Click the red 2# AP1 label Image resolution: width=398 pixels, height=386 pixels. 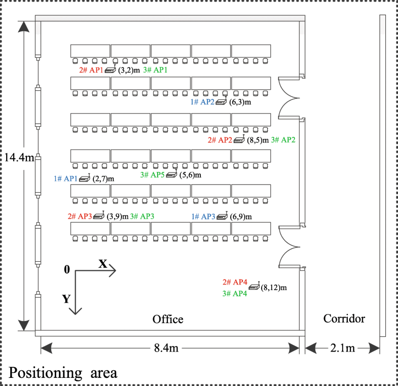tap(91, 71)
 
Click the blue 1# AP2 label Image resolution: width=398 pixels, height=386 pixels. tap(202, 101)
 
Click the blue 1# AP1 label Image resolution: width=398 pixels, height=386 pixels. tap(66, 179)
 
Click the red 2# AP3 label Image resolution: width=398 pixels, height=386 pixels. tap(80, 216)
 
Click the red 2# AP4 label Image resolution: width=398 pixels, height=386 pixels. tap(235, 283)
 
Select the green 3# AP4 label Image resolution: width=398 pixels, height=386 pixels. tap(235, 293)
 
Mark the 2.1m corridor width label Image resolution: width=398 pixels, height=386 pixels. tap(343, 348)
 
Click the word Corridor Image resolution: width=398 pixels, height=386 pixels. tap(343, 319)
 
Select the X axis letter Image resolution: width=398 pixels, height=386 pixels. tap(102, 264)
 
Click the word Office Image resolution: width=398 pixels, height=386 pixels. tap(168, 320)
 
